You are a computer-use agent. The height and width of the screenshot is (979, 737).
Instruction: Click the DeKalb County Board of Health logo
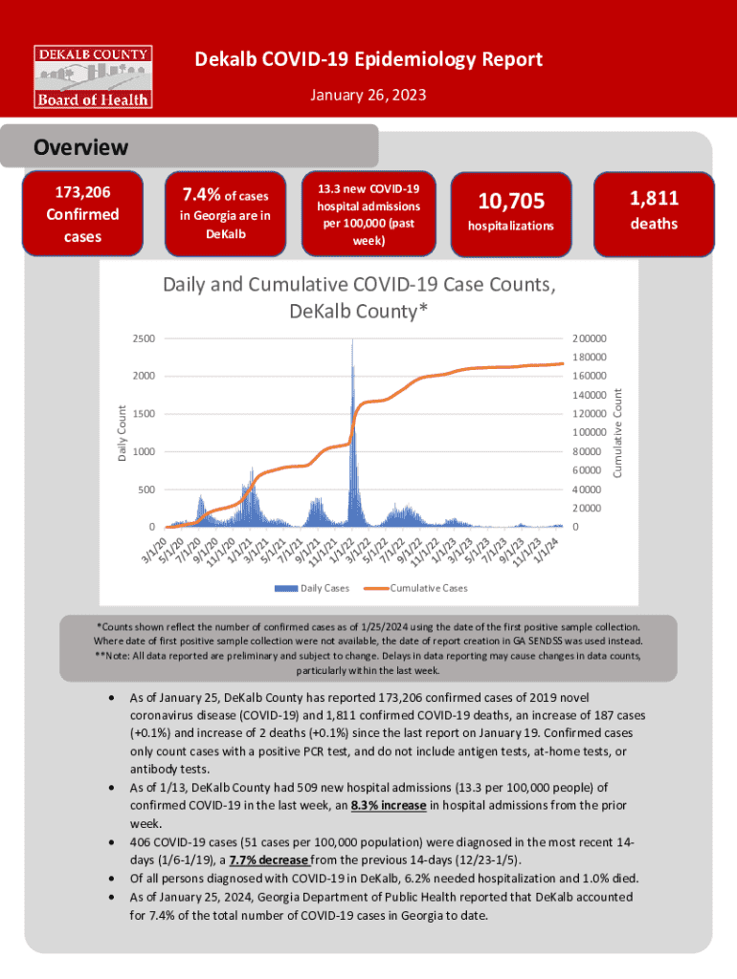pyautogui.click(x=93, y=75)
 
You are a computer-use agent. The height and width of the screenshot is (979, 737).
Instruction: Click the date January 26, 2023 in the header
pyautogui.click(x=368, y=96)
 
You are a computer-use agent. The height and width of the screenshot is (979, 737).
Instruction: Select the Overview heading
pyautogui.click(x=80, y=148)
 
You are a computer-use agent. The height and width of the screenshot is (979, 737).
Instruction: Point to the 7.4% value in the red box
pyautogui.click(x=199, y=196)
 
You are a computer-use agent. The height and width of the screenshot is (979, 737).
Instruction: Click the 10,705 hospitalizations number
pyautogui.click(x=511, y=201)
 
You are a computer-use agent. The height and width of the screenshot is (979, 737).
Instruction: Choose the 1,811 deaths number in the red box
pyautogui.click(x=654, y=199)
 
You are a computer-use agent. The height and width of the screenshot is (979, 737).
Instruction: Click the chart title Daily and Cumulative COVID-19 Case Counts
pyautogui.click(x=359, y=297)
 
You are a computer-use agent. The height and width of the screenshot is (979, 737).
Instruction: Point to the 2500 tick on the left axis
pyautogui.click(x=142, y=338)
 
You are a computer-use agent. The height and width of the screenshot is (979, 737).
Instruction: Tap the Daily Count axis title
pyautogui.click(x=122, y=432)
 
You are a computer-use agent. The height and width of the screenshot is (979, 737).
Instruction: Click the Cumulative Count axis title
pyautogui.click(x=617, y=431)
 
